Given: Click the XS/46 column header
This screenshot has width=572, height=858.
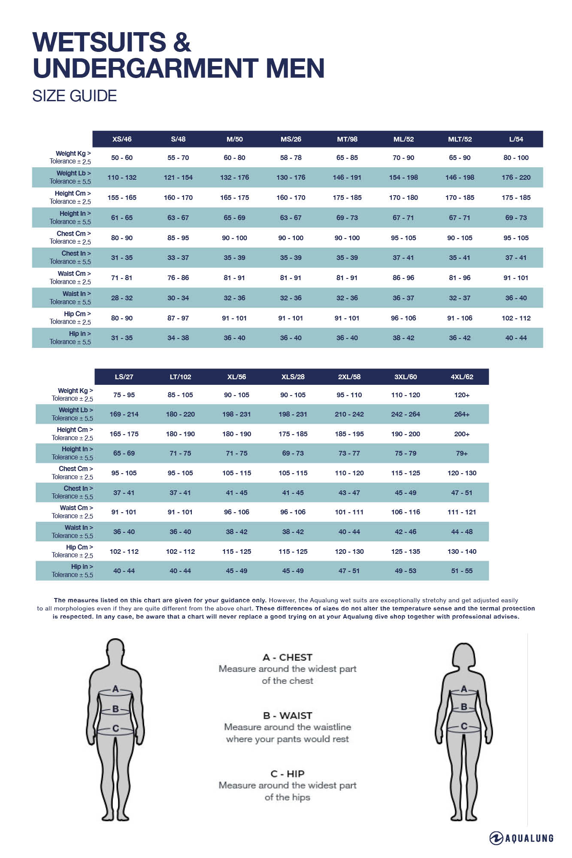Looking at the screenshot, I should click(122, 139).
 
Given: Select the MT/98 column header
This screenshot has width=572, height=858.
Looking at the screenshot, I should click(347, 139).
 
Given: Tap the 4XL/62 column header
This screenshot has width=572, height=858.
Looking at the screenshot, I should click(462, 377).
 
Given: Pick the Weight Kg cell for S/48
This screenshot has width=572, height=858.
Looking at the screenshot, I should click(178, 157).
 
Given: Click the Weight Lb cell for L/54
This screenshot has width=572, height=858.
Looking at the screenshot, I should click(516, 177).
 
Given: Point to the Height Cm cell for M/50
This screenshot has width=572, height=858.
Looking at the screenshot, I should click(234, 197).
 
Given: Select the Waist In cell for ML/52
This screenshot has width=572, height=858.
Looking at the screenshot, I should click(403, 298).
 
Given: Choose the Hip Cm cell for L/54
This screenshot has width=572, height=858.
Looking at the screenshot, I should click(516, 318).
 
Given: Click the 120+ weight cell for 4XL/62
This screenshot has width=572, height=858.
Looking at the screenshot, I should click(462, 395).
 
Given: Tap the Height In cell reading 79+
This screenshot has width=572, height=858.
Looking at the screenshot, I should click(462, 453).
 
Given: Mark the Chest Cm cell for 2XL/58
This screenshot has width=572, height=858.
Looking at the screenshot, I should click(349, 473).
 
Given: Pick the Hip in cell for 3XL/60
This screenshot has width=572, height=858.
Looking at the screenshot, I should click(406, 571).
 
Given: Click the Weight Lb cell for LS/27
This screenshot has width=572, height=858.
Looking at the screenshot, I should click(124, 414).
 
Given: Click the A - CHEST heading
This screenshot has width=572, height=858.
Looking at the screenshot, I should click(288, 657).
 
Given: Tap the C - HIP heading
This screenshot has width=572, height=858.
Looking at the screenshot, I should click(288, 773).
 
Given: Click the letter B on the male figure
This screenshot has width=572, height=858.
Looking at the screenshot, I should click(115, 709).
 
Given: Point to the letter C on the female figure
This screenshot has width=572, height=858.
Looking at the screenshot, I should click(464, 726).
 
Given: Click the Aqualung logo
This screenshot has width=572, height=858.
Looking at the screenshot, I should click(521, 838).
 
